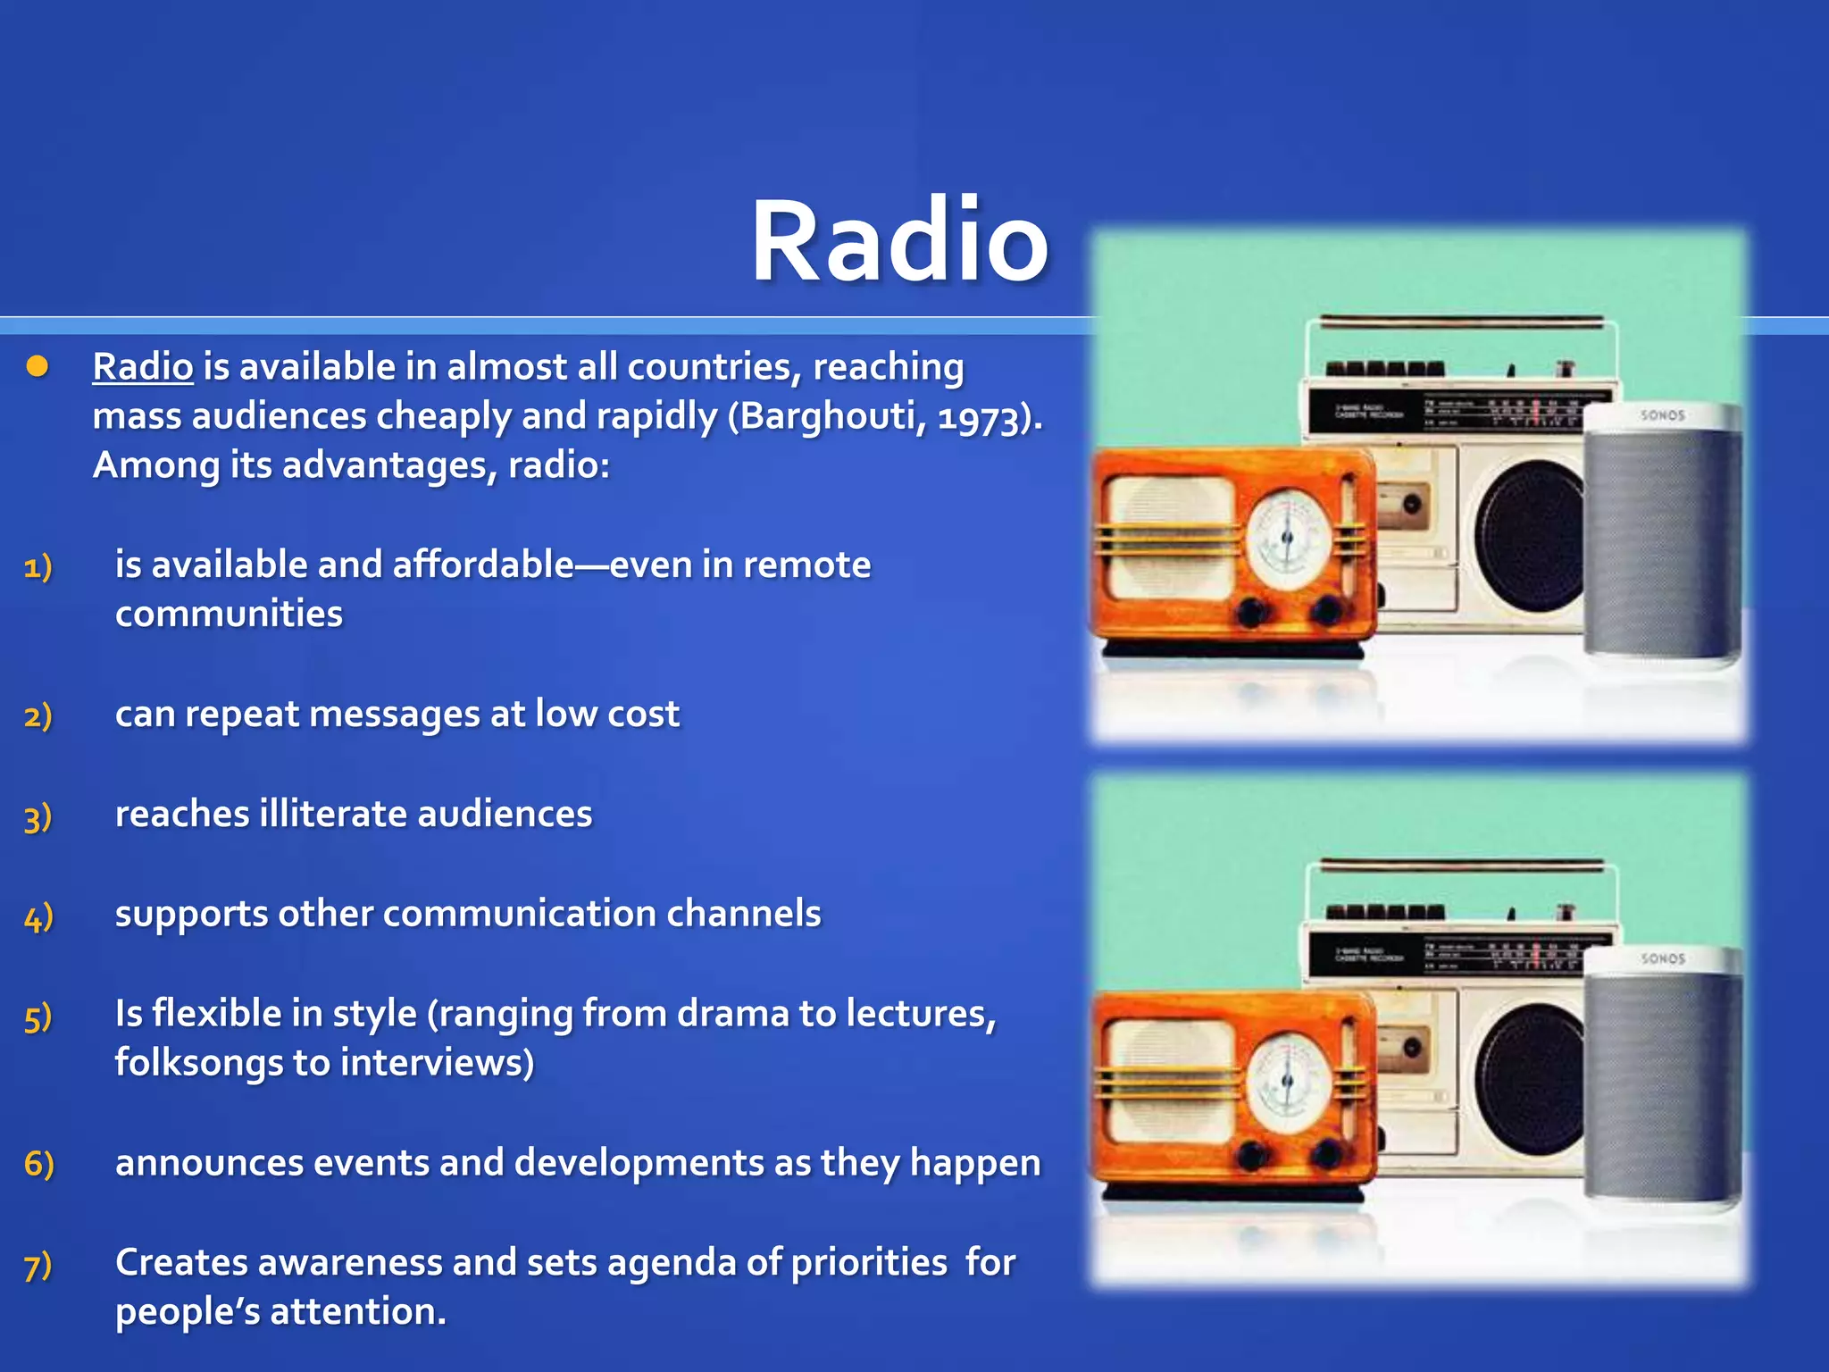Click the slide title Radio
click(899, 242)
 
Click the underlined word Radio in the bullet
click(143, 367)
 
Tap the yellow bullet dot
click(38, 366)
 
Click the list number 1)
click(38, 566)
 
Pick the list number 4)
click(38, 916)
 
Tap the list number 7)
click(38, 1265)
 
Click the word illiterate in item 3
click(332, 814)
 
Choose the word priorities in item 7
click(868, 1263)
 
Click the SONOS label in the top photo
click(1662, 415)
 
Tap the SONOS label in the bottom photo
click(1662, 958)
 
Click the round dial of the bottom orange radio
click(1288, 1082)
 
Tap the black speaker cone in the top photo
click(1529, 537)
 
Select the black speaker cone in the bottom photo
click(1529, 1080)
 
